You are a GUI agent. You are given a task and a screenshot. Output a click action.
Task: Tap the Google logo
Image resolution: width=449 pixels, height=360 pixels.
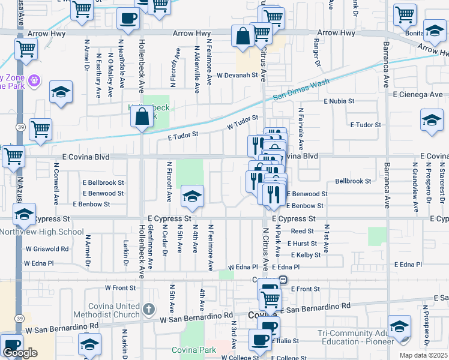[20, 353]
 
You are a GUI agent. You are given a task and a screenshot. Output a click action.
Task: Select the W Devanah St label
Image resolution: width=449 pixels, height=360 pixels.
[241, 76]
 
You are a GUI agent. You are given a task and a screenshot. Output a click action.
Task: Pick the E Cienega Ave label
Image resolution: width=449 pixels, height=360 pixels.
[418, 94]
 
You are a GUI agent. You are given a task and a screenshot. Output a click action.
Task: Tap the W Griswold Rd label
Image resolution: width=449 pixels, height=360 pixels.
[47, 248]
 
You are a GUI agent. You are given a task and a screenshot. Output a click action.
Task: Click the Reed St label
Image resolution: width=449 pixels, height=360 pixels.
[303, 231]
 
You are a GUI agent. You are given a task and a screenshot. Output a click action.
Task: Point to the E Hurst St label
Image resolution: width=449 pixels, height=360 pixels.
[301, 244]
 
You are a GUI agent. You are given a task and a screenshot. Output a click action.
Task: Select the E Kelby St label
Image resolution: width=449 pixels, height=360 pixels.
[304, 255]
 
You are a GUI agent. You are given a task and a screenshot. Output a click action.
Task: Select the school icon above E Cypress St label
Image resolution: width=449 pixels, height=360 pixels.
[192, 196]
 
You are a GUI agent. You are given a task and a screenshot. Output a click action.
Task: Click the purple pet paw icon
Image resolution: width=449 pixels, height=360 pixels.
[34, 79]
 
